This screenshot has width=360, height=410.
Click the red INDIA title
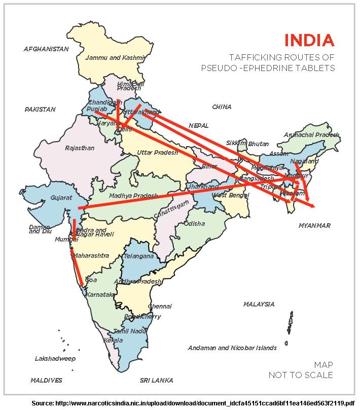(x=309, y=40)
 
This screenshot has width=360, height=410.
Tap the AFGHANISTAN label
(x=46, y=49)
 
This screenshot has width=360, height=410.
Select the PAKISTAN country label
(x=40, y=109)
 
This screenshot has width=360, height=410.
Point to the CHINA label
(x=222, y=107)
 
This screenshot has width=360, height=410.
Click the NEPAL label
(x=199, y=125)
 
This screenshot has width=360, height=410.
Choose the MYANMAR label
(x=314, y=225)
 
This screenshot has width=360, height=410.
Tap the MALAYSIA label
(x=259, y=304)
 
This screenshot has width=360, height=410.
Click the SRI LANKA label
(x=156, y=380)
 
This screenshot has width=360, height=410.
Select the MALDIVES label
(x=46, y=380)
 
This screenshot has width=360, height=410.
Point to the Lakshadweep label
(x=55, y=359)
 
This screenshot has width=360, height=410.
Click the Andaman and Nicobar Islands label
(x=232, y=348)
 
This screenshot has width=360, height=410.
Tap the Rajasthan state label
(x=80, y=148)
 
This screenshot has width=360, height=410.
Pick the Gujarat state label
(x=61, y=198)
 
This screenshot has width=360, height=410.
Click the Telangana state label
(x=138, y=256)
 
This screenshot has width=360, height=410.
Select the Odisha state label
(x=194, y=223)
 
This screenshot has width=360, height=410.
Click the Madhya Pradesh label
(x=133, y=195)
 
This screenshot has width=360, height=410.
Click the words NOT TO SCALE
(x=301, y=375)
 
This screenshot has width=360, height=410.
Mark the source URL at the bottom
(x=193, y=403)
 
